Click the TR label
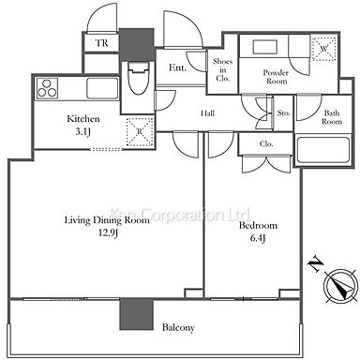101,42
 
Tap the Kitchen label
83,119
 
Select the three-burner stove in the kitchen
47,88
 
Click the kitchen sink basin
102,88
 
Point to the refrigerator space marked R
140,132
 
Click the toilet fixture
139,78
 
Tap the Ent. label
177,67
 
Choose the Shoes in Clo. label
222,70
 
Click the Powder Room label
276,77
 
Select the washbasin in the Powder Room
265,48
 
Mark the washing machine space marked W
324,49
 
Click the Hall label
207,113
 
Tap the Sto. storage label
284,112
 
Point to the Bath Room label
332,117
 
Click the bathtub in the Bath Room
323,149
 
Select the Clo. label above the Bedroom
266,144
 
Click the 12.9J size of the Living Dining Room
108,232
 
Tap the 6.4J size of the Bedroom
258,238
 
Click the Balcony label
178,327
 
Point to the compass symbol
340,286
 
